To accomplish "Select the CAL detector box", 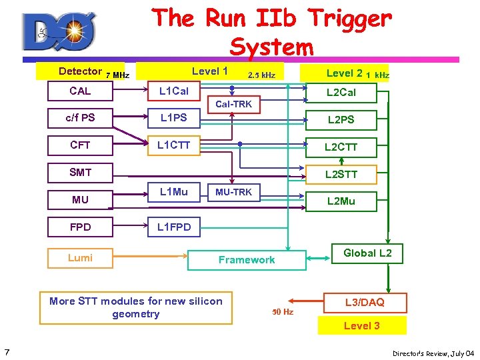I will coord(80,91).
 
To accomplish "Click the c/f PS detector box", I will coord(80,118).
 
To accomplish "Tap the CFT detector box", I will coord(80,145).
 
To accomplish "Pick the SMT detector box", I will coord(80,173).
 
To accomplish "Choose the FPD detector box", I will coord(80,227).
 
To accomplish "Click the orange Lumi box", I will coord(80,258).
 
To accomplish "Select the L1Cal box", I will coord(174,91).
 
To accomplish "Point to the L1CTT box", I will coord(174,145).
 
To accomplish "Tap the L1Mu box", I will coord(174,192).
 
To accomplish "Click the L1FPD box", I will coord(174,227).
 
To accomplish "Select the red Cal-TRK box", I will coord(233,104).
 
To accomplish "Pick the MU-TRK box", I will coord(233,192).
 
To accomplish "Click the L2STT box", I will coord(341,175).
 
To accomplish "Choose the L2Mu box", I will coord(341,201).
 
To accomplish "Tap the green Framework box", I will coord(247,260).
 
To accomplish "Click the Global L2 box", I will coord(367,253).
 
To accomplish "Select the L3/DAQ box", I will coord(365,303).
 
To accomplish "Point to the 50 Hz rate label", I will coord(283,311).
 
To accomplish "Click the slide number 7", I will coord(6,351).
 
